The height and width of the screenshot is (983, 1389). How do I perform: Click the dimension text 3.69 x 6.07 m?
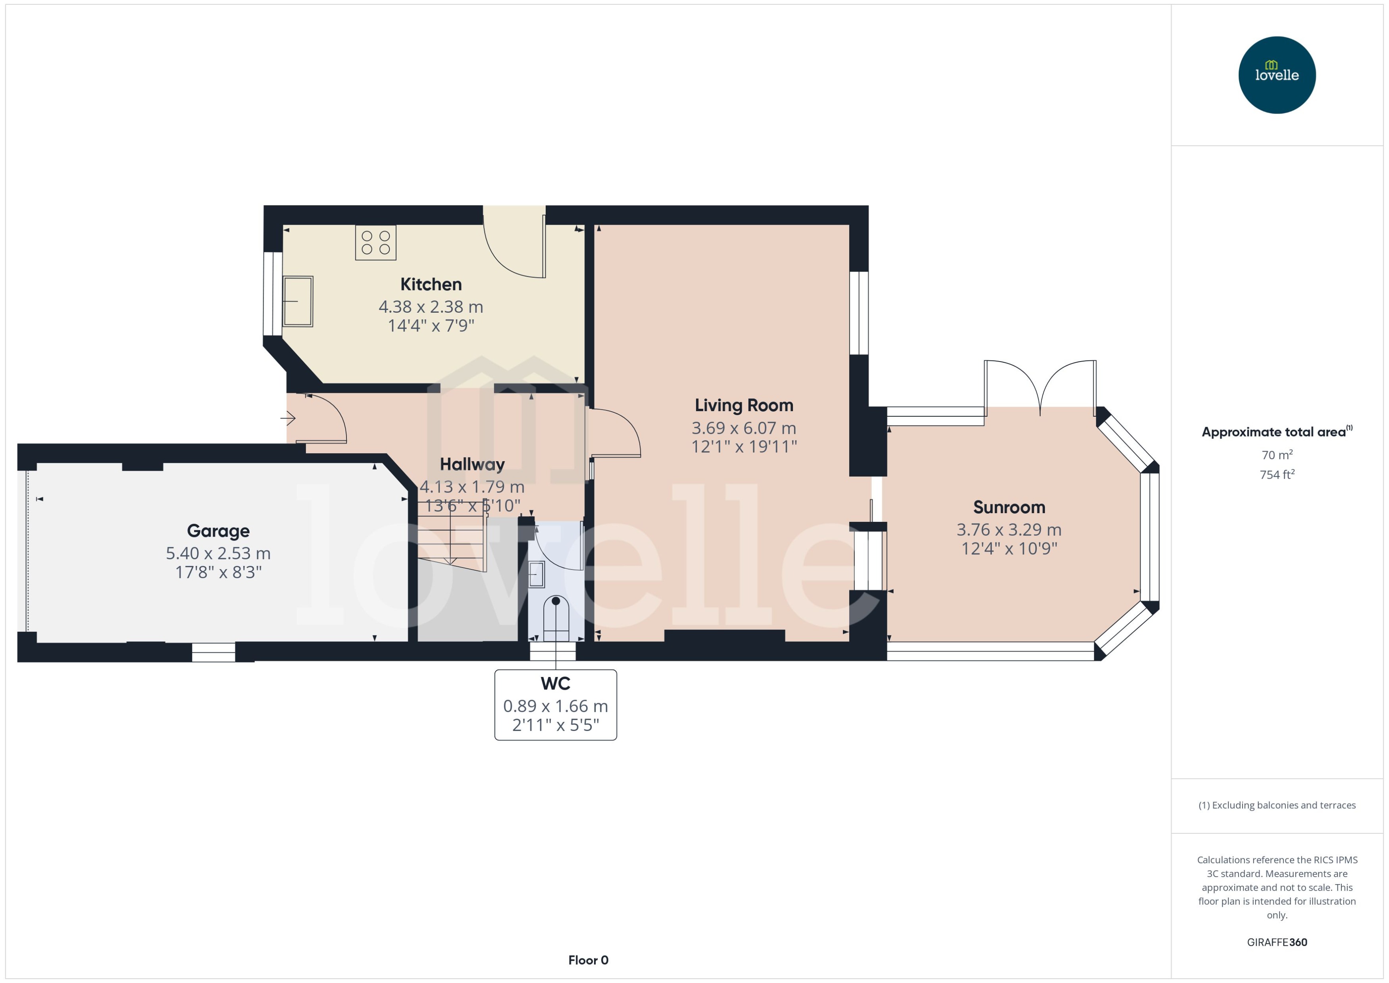pyautogui.click(x=743, y=428)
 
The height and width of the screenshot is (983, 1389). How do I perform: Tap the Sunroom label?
pyautogui.click(x=1008, y=507)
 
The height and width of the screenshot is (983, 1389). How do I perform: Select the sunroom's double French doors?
pyautogui.click(x=1040, y=387)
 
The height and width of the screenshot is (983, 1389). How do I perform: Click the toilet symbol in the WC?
pyautogui.click(x=556, y=618)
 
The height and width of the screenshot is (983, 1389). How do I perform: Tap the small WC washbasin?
pyautogui.click(x=536, y=574)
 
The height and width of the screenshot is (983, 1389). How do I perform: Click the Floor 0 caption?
pyautogui.click(x=588, y=960)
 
